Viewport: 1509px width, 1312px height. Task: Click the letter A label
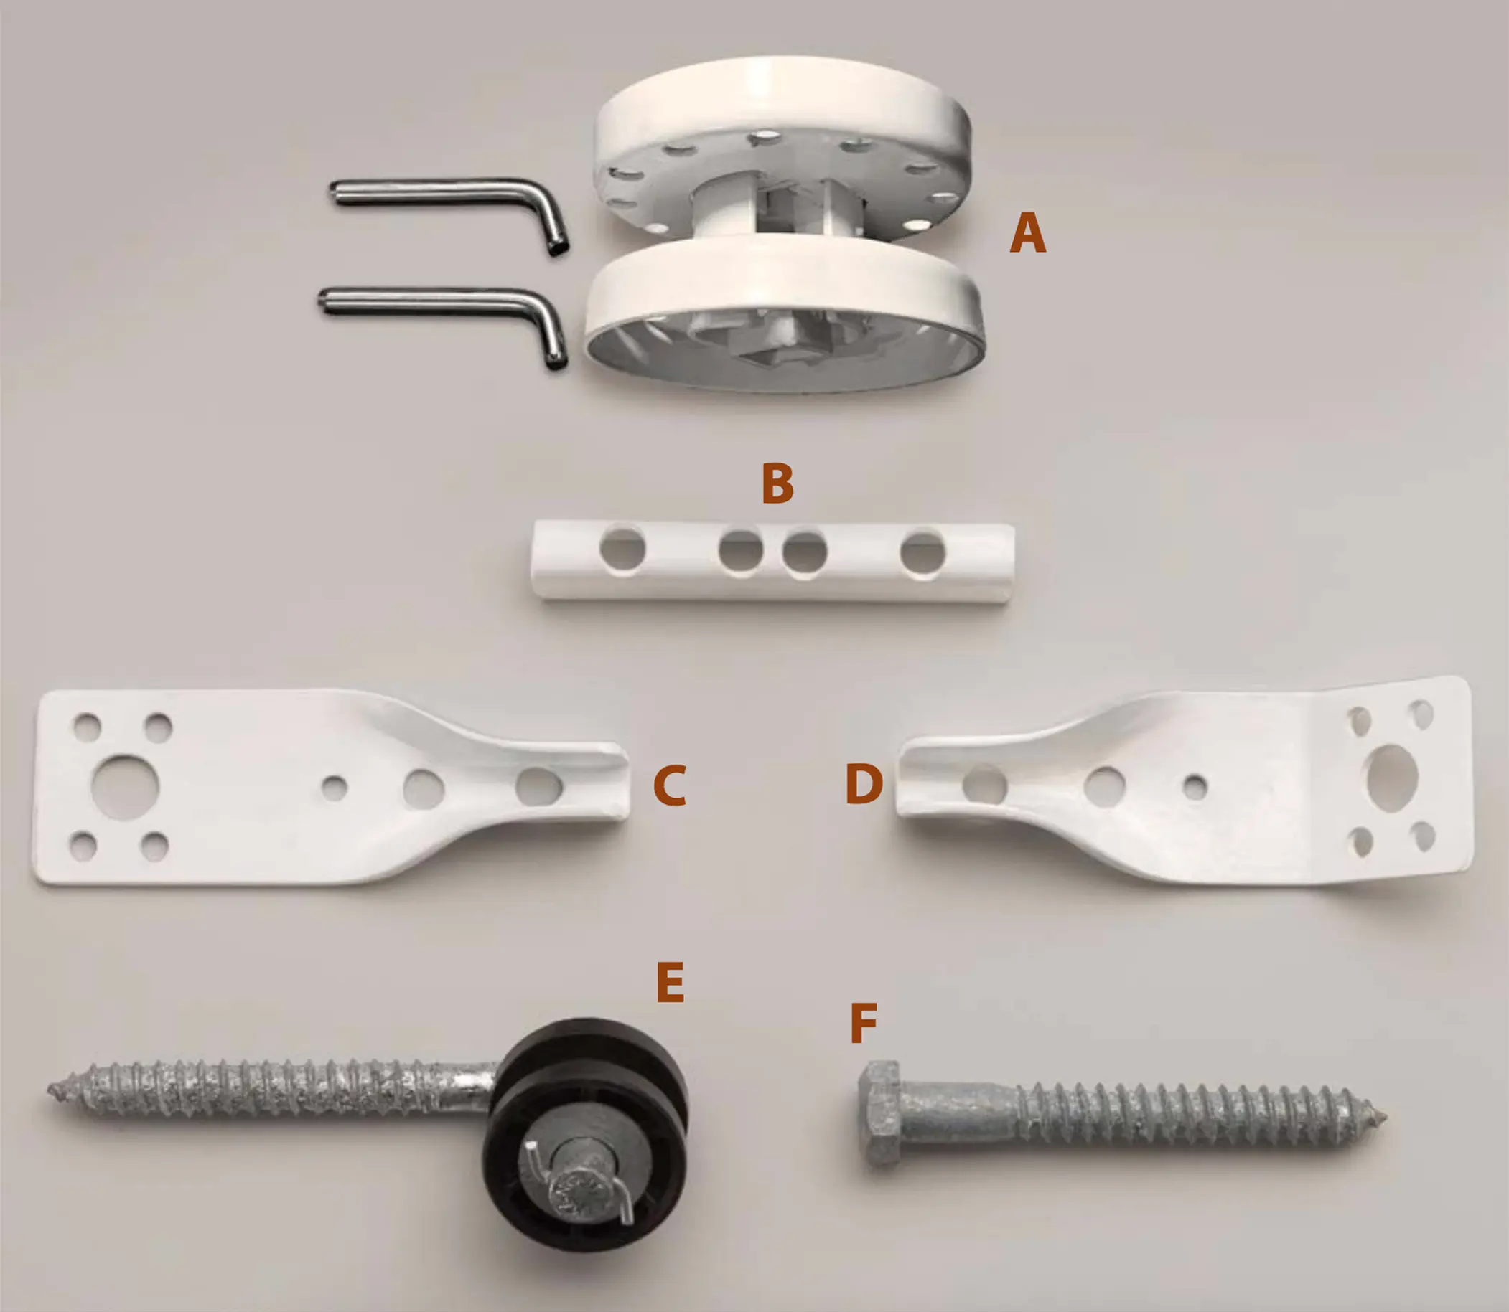1027,233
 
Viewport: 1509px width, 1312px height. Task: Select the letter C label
670,785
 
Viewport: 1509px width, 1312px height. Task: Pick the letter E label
671,982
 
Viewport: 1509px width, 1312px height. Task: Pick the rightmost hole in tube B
922,553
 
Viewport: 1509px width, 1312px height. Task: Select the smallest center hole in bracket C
335,788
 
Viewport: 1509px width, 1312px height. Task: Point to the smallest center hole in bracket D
1195,787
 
